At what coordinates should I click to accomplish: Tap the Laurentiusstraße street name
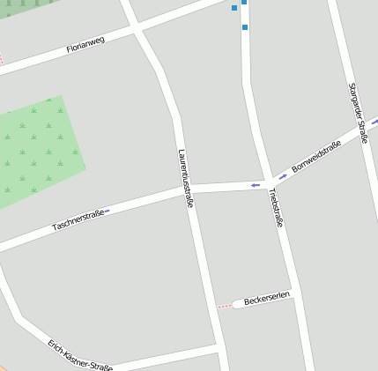click(x=185, y=177)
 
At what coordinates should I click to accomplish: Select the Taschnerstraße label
click(x=78, y=219)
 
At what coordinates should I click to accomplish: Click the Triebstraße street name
click(x=276, y=208)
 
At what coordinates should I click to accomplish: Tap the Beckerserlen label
click(x=267, y=301)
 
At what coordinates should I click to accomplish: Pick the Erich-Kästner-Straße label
click(x=80, y=355)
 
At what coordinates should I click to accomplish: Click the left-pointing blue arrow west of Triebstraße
click(x=255, y=184)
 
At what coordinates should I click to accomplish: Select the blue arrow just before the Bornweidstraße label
click(x=283, y=175)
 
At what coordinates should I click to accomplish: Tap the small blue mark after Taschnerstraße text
click(x=106, y=211)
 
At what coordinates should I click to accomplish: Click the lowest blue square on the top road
click(x=244, y=27)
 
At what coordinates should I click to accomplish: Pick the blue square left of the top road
click(x=234, y=8)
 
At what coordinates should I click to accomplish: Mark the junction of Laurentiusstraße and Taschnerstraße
click(x=185, y=189)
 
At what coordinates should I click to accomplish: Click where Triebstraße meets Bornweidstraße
click(x=267, y=183)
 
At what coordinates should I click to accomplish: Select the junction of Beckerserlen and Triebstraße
click(x=293, y=296)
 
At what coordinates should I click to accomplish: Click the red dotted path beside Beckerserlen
click(x=225, y=306)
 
